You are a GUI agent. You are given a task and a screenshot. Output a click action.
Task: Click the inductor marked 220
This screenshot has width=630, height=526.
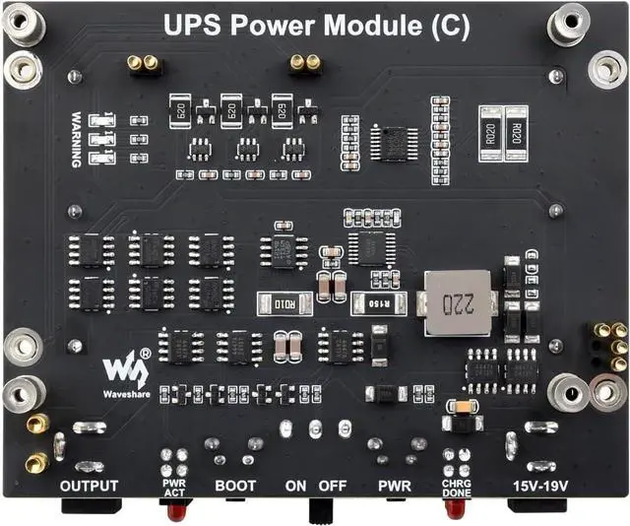pyautogui.click(x=454, y=303)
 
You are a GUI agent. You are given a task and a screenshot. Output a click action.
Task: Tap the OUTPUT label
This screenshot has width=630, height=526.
pyautogui.click(x=89, y=486)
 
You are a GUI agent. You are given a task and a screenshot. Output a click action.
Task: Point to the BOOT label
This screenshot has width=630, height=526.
pyautogui.click(x=235, y=486)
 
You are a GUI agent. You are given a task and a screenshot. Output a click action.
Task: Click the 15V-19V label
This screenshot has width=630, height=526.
pyautogui.click(x=540, y=486)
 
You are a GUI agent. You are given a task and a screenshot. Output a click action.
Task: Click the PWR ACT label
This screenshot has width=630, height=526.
pyautogui.click(x=174, y=487)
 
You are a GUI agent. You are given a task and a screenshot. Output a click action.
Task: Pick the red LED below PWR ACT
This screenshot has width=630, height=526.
pyautogui.click(x=174, y=510)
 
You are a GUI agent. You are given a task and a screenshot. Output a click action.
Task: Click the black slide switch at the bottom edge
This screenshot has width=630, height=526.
pyautogui.click(x=318, y=511)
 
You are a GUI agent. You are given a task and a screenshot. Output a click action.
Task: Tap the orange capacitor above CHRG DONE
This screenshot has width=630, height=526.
pyautogui.click(x=458, y=406)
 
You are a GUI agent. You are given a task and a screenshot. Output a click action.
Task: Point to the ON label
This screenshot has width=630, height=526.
pyautogui.click(x=296, y=486)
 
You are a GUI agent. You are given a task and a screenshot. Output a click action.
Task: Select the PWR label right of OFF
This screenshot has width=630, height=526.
pyautogui.click(x=394, y=486)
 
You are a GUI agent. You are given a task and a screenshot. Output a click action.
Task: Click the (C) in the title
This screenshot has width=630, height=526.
pyautogui.click(x=450, y=25)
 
